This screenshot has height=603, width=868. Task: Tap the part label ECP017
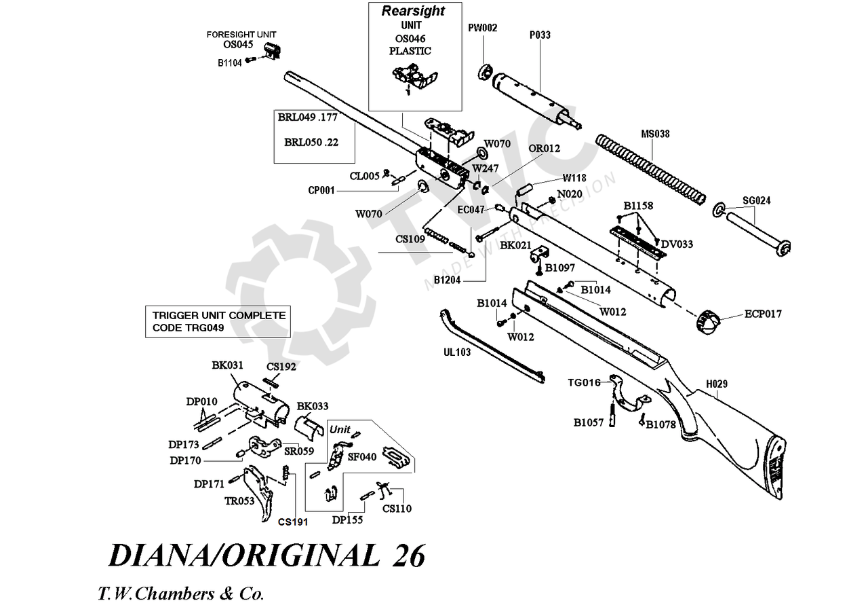[763, 314]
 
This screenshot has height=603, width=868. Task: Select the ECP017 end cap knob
[708, 321]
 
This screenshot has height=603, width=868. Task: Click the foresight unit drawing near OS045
[273, 51]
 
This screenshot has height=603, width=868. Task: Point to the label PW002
[483, 28]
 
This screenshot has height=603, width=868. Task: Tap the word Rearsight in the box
[413, 11]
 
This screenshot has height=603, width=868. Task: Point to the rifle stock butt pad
[777, 469]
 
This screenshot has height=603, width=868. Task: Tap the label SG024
[757, 200]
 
